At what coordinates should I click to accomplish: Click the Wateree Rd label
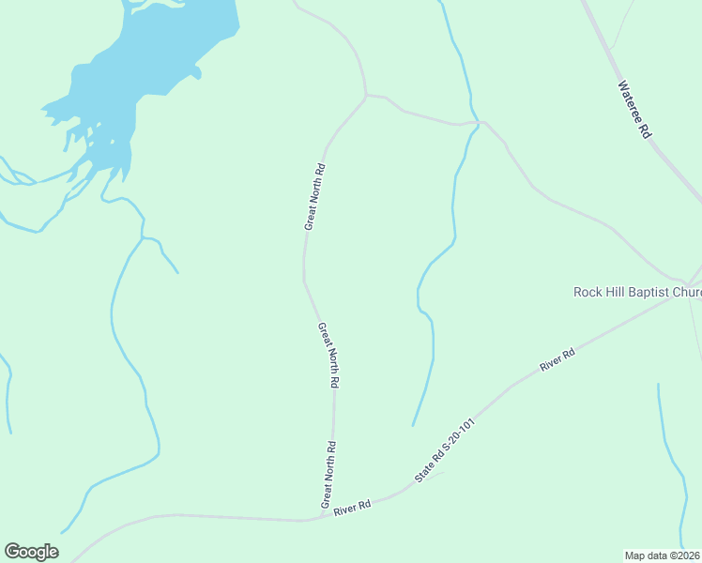click(x=634, y=110)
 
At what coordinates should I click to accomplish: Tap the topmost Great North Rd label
click(x=314, y=197)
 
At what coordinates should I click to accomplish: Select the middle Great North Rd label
click(x=328, y=356)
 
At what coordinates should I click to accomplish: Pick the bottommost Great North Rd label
click(x=329, y=475)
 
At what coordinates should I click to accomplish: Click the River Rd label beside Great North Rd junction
click(x=353, y=505)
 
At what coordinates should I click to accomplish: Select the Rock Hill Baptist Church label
click(x=637, y=292)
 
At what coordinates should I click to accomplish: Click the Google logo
click(x=31, y=552)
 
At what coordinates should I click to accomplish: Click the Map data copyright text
click(x=663, y=555)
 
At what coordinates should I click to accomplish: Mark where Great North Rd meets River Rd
click(x=321, y=518)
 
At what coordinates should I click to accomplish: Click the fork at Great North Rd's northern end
click(x=365, y=95)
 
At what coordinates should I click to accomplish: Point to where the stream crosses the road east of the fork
click(x=476, y=123)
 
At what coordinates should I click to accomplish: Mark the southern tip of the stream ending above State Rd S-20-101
click(x=413, y=425)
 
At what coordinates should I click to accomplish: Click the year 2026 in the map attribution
click(x=689, y=555)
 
